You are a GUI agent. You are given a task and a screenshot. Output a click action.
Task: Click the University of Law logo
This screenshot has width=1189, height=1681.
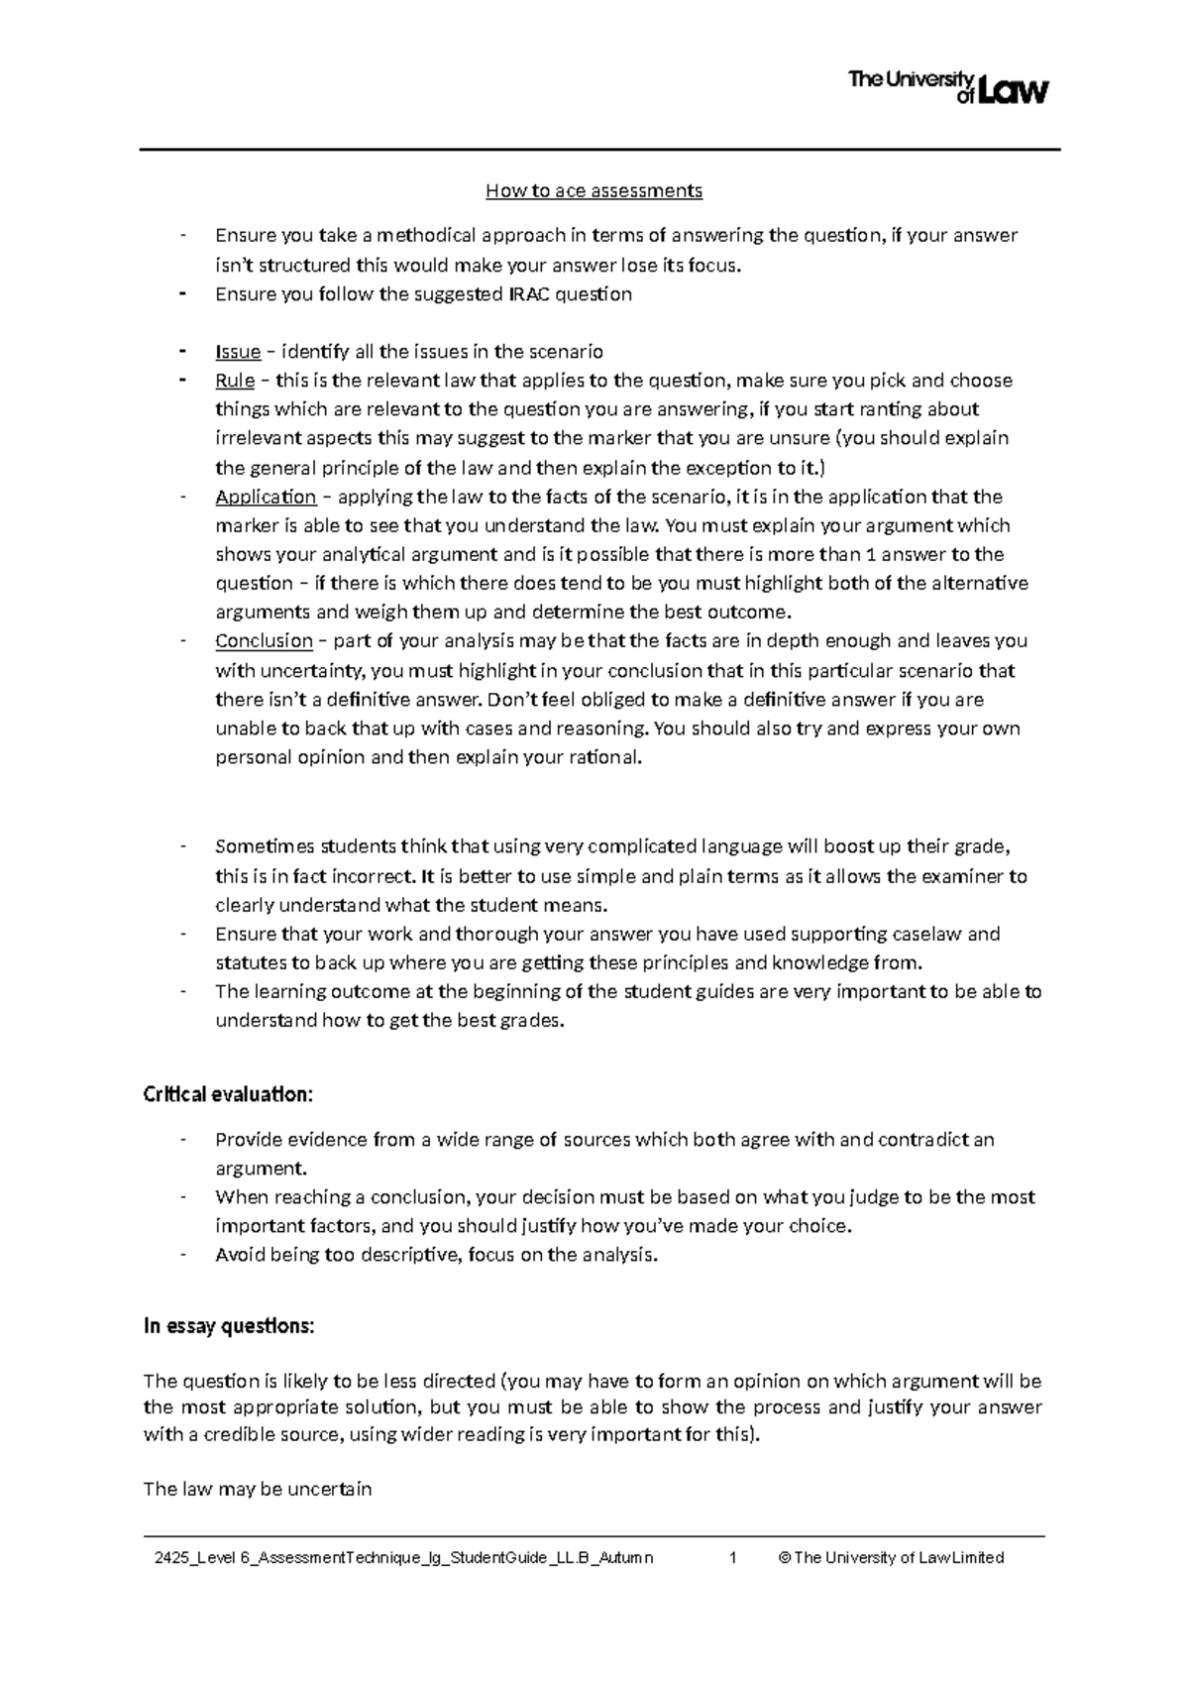point(948,86)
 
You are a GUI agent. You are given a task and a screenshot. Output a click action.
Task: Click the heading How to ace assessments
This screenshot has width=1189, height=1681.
point(594,190)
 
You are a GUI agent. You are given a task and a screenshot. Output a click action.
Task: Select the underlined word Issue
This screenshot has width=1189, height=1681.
point(238,352)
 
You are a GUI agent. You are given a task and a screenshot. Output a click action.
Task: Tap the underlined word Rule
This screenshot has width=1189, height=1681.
point(235,381)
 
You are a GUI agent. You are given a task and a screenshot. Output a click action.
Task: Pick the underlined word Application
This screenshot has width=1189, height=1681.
point(266,497)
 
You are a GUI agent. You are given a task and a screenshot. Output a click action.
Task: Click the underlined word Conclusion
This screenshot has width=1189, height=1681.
point(264,641)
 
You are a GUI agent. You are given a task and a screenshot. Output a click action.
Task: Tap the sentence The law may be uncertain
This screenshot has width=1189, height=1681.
point(258,1489)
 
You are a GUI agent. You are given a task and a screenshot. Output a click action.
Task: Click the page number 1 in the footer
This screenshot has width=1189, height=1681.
point(732,1557)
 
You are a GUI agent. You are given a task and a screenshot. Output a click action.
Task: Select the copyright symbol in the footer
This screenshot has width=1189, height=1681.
point(785,1557)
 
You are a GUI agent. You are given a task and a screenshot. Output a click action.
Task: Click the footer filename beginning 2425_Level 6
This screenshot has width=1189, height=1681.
point(397,1557)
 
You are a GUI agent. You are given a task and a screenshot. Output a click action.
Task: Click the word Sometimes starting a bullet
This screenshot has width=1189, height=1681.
point(260,846)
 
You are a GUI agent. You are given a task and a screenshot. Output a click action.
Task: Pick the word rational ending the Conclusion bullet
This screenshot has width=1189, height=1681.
point(603,758)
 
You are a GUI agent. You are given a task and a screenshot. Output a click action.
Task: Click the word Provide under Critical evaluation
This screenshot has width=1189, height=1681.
point(248,1140)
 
